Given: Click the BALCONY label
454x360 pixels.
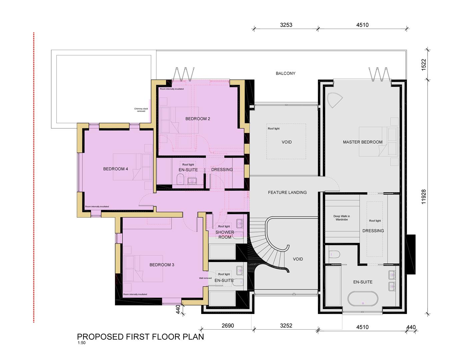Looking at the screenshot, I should click(x=285, y=73).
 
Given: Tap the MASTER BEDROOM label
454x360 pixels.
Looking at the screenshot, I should click(x=363, y=142).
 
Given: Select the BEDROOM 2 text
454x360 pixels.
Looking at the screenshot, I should click(x=197, y=119).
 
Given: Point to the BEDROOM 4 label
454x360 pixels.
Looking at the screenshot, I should click(x=115, y=169).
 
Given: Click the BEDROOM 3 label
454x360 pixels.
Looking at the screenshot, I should click(x=162, y=265).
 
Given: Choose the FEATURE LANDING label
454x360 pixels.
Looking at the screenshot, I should click(x=287, y=192).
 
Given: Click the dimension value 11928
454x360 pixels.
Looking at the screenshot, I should click(x=424, y=197).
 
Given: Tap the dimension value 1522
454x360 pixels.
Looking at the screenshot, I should click(x=424, y=65).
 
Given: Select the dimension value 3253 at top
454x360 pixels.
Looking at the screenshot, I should click(x=286, y=25).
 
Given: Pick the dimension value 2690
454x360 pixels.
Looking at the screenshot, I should click(x=228, y=326).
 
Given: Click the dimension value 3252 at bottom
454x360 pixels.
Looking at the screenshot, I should click(x=286, y=326).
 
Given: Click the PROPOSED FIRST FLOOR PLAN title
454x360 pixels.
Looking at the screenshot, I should click(x=140, y=337).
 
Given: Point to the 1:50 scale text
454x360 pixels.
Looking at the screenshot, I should click(x=81, y=343).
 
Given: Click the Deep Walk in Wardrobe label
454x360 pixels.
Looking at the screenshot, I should click(x=342, y=218).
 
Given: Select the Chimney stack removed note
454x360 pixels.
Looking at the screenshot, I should click(x=141, y=110).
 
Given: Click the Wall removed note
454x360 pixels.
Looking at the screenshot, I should click(x=205, y=278).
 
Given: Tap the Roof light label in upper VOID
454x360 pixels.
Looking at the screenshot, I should click(x=274, y=129).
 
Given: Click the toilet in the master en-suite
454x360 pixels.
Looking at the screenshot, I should click(x=334, y=254).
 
